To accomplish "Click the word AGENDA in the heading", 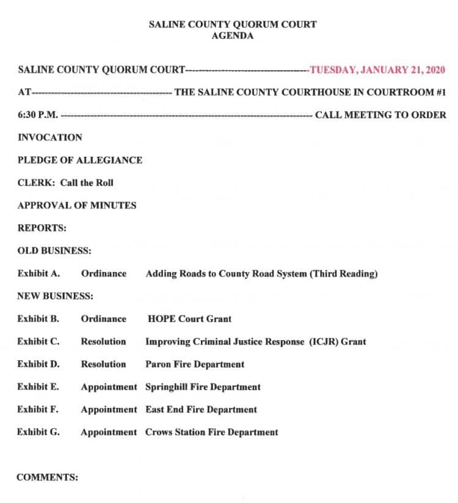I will pyautogui.click(x=233, y=36).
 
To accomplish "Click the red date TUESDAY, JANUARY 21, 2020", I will pyautogui.click(x=377, y=70).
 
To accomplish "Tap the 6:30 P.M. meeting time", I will pyautogui.click(x=38, y=115).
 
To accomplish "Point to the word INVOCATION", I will pyautogui.click(x=50, y=137).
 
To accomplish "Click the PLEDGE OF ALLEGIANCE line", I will pyautogui.click(x=80, y=160).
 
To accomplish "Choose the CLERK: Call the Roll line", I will pyautogui.click(x=65, y=182).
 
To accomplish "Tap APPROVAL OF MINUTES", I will pyautogui.click(x=77, y=205).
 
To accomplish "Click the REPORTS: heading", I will pyautogui.click(x=42, y=227).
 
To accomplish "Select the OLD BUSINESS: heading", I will pyautogui.click(x=55, y=251).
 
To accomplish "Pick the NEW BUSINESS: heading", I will pyautogui.click(x=56, y=296).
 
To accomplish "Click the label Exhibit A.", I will pyautogui.click(x=38, y=274).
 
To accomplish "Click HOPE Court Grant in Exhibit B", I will pyautogui.click(x=189, y=319).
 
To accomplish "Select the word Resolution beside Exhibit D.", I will pyautogui.click(x=104, y=364).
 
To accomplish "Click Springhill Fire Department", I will pyautogui.click(x=203, y=387).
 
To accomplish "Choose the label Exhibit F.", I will pyautogui.click(x=38, y=410).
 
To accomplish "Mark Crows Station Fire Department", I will pyautogui.click(x=211, y=432).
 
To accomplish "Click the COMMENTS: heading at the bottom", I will pyautogui.click(x=47, y=477).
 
